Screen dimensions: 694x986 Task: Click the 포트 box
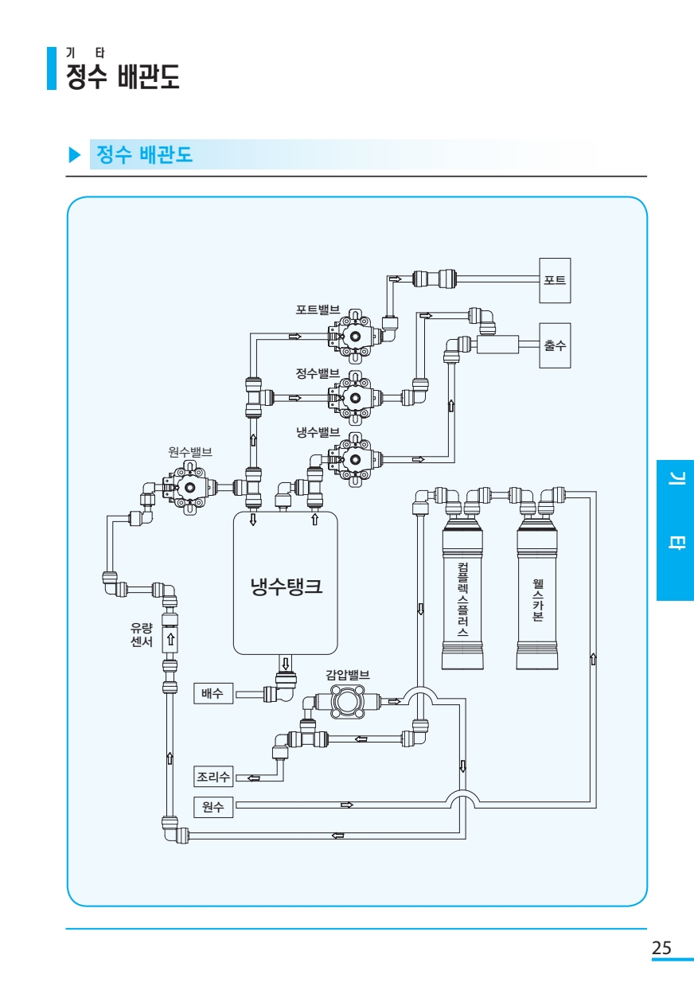pos(555,280)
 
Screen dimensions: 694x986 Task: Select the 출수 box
pos(555,345)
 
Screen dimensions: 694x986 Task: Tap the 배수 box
pos(213,693)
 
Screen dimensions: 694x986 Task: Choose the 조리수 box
pos(213,776)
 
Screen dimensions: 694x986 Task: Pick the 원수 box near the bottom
pos(213,807)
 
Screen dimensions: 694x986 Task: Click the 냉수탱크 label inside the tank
pos(287,586)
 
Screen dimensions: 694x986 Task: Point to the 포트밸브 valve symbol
pos(354,337)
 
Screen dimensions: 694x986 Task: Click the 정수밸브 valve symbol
pos(354,398)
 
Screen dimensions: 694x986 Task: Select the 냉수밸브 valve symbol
pos(354,459)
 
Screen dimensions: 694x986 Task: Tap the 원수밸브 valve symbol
pos(189,487)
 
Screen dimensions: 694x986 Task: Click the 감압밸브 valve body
pos(348,702)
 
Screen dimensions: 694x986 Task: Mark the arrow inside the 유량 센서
pos(170,639)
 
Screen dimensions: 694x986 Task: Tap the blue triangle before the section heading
pos(75,154)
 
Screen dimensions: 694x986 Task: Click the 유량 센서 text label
pos(142,634)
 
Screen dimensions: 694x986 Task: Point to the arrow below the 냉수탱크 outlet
pos(286,664)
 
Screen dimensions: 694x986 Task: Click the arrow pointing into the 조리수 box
pos(254,778)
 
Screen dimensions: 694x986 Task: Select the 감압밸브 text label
pos(348,675)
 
